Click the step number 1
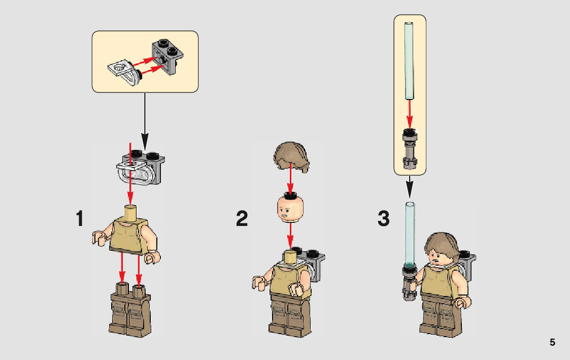[79, 219]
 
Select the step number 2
[242, 219]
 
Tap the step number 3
[384, 219]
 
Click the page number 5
[552, 342]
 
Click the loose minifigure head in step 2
[289, 208]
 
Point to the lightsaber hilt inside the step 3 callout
[409, 148]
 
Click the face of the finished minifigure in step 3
[437, 256]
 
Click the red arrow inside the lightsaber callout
[409, 114]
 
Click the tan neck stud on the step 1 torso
[130, 210]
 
